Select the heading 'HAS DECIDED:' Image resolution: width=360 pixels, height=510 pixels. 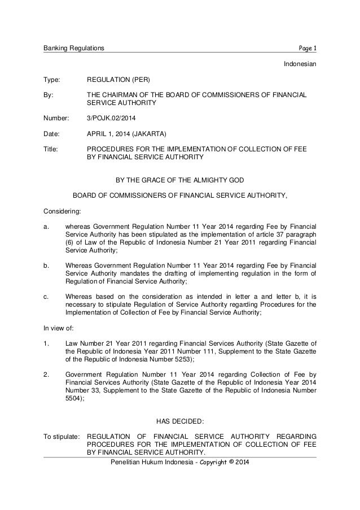coord(179,420)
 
